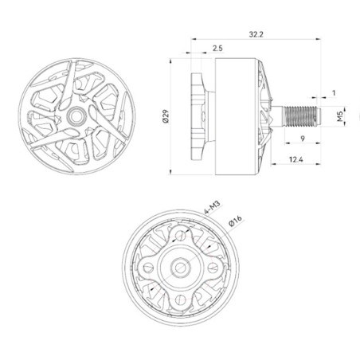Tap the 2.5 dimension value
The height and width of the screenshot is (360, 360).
(x=218, y=49)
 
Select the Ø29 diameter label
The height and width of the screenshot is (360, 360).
(x=165, y=116)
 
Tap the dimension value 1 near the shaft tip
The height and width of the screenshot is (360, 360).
(x=333, y=93)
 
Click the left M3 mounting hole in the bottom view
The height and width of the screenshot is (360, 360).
(x=149, y=266)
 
